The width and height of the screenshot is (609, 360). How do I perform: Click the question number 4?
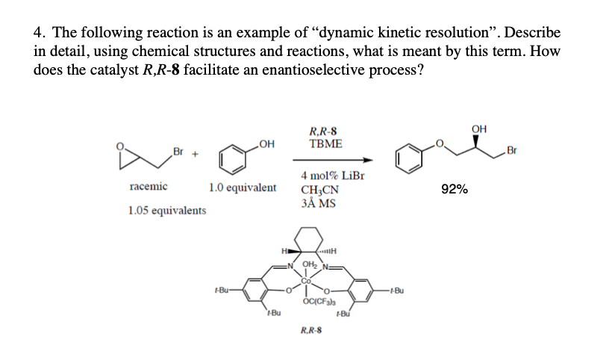[38, 34]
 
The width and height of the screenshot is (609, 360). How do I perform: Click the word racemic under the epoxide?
[148, 186]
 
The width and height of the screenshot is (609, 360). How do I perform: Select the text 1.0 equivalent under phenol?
[243, 187]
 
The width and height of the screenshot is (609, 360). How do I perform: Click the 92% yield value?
[455, 190]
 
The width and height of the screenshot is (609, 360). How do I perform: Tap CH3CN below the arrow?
[319, 190]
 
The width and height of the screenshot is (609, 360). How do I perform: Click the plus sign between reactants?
[196, 152]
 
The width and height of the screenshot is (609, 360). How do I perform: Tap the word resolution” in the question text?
[508, 34]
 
